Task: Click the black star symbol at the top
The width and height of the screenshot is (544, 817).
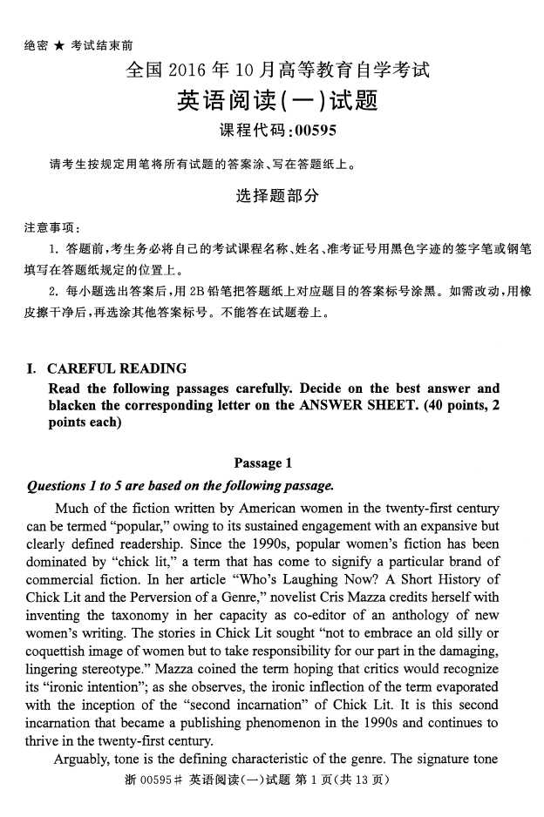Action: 59,45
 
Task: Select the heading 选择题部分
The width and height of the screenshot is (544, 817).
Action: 277,197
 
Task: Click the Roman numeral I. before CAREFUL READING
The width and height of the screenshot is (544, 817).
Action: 32,368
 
